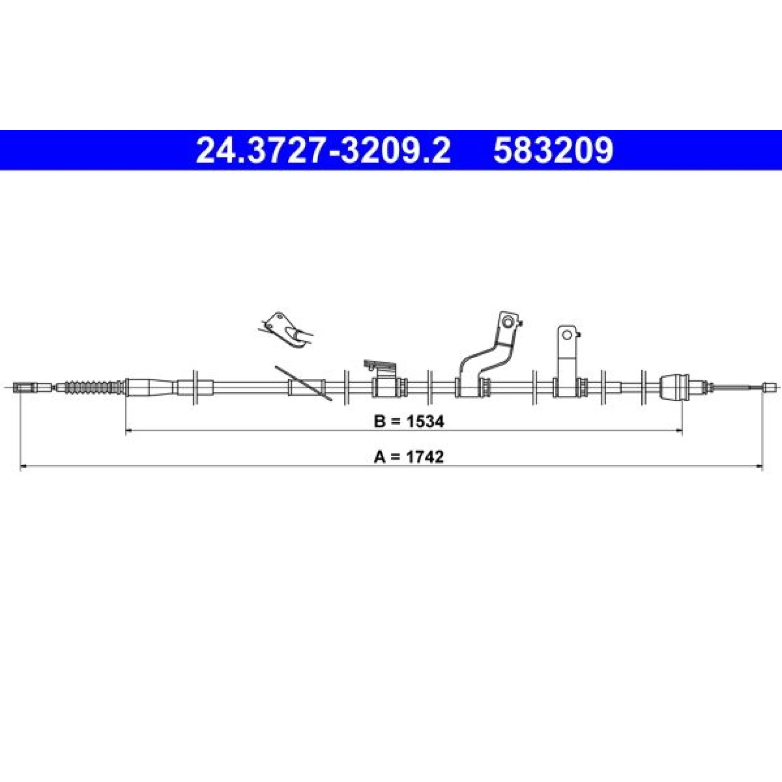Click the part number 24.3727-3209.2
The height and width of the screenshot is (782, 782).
click(323, 150)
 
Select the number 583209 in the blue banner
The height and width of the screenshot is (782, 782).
click(553, 150)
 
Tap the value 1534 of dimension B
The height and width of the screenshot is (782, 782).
click(424, 421)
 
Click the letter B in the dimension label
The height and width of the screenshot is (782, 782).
click(380, 421)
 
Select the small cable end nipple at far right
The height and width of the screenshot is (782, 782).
click(769, 388)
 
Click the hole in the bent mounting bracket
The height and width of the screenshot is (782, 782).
click(508, 322)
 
